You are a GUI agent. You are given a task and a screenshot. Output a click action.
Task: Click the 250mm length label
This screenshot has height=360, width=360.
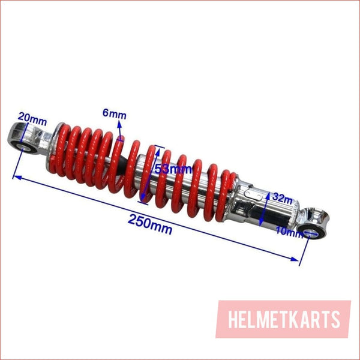[x=150, y=224]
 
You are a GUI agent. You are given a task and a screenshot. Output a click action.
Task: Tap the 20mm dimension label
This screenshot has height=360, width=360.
[x=32, y=119]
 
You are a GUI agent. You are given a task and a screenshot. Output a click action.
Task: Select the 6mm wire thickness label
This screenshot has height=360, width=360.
[x=115, y=114]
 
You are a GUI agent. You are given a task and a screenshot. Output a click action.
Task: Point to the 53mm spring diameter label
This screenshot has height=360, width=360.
[x=173, y=169]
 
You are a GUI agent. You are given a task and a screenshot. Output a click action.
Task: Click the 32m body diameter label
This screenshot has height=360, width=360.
[x=283, y=199]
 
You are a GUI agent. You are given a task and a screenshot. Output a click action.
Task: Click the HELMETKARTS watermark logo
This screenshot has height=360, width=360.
[x=283, y=319]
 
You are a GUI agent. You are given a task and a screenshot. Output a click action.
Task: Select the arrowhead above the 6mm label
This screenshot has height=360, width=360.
[x=119, y=124]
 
